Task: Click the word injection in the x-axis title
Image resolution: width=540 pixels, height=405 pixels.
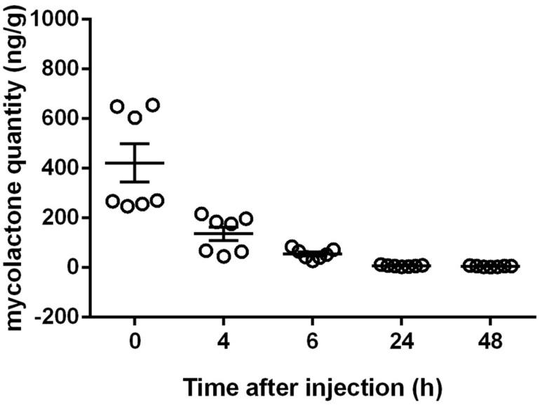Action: (x=329, y=385)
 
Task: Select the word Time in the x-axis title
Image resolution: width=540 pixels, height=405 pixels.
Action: (x=210, y=385)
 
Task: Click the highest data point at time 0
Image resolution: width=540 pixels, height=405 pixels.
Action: (x=152, y=105)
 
